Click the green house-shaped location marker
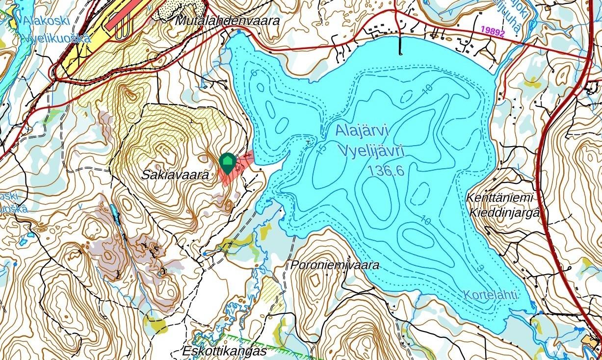click(x=227, y=162)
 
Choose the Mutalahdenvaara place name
click(x=227, y=22)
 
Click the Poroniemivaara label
click(x=335, y=265)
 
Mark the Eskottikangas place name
click(x=224, y=351)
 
